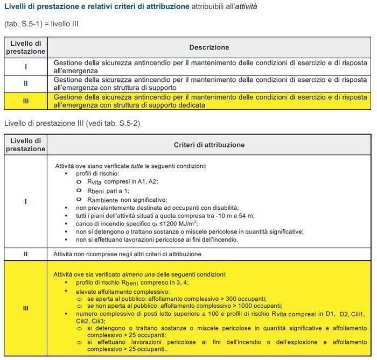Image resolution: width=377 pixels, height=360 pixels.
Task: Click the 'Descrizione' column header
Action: [209, 47]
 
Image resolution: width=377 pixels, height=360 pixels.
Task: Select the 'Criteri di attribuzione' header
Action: [209, 145]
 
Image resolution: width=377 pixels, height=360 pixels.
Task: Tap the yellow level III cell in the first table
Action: [26, 101]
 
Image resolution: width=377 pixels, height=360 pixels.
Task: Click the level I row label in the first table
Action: [26, 67]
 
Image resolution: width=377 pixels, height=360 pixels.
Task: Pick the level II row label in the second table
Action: [26, 253]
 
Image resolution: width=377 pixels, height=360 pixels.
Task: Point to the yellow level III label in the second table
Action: [26, 308]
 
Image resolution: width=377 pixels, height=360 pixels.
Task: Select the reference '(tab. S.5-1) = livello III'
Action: [41, 24]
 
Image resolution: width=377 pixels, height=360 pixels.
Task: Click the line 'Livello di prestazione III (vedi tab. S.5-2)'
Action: [72, 123]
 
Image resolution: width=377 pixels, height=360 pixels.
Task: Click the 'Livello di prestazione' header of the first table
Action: [26, 47]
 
